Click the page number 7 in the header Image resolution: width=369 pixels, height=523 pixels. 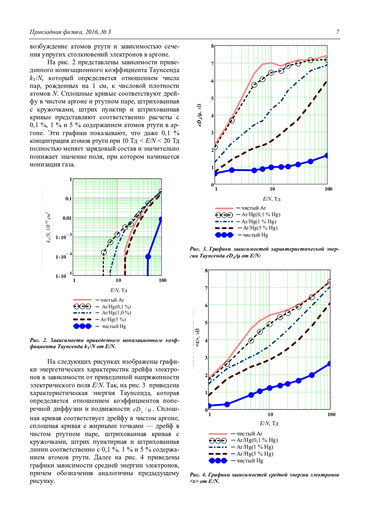point(338,32)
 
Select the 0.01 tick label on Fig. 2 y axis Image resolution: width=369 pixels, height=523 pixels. point(67,218)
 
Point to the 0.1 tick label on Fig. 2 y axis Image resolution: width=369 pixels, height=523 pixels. point(68,199)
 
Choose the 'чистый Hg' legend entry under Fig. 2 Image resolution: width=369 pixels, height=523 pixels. point(114,326)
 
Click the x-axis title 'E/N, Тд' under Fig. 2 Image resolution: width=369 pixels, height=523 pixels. point(118,290)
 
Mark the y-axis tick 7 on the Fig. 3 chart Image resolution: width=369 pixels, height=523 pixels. point(212,63)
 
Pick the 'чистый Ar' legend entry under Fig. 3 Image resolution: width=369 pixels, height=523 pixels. point(254,208)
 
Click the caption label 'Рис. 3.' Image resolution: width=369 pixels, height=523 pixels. point(198,249)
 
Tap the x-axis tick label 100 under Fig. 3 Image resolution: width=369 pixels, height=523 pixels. point(328,189)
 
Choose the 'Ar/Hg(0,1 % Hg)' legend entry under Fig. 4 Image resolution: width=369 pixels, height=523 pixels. point(257,440)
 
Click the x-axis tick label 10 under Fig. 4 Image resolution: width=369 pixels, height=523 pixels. point(270,415)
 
